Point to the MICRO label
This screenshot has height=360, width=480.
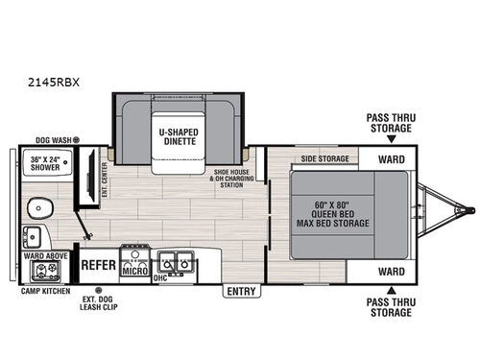pos(133,271)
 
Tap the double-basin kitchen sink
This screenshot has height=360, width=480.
pos(176,259)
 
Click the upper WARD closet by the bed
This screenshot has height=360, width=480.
pos(390,158)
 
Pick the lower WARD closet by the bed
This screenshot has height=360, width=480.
pos(390,272)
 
